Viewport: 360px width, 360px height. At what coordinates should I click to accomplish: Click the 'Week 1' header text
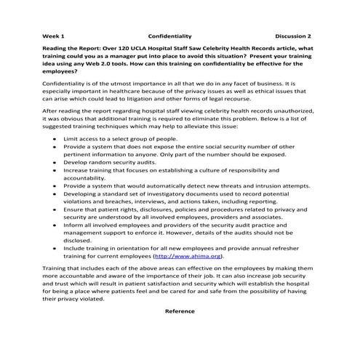click(x=53, y=35)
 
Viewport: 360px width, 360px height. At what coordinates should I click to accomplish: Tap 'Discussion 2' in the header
click(x=293, y=35)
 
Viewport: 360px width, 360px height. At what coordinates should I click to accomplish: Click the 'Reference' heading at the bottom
click(x=180, y=311)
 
